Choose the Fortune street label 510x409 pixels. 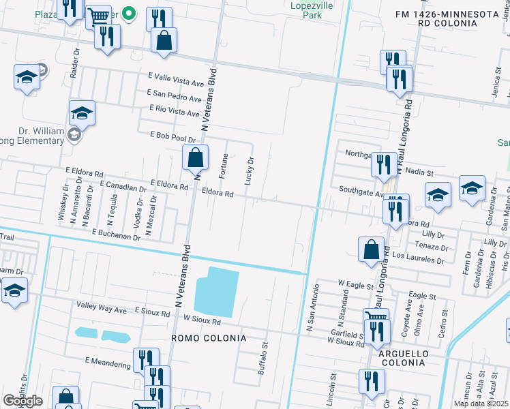224,167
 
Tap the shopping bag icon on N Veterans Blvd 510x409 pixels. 196,157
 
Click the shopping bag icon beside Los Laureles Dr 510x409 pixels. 371,249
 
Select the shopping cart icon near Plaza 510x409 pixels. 100,16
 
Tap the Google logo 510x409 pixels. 23,401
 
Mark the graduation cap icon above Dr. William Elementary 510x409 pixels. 82,113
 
